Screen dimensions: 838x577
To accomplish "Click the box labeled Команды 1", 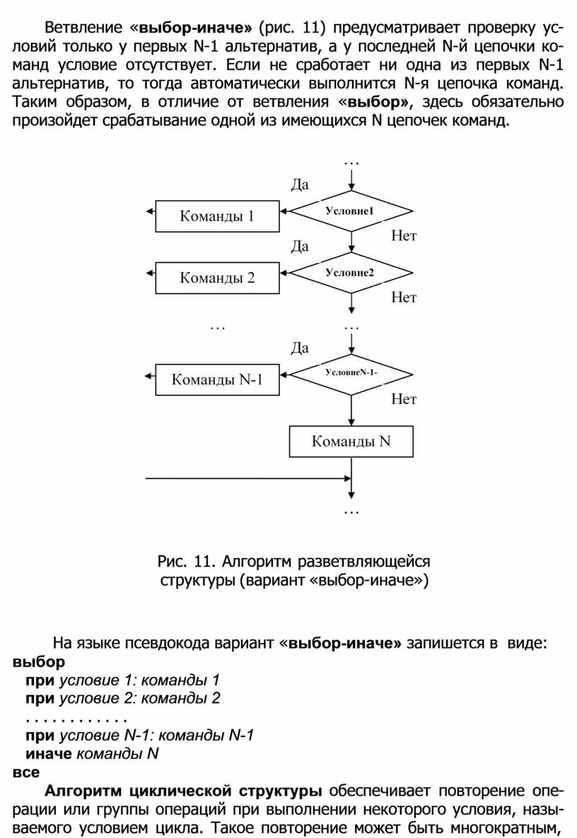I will pos(216,216).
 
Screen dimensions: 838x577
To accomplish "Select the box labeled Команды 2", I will pos(216,278).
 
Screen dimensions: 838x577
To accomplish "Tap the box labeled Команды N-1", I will pos(216,379).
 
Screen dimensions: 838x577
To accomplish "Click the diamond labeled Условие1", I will pos(351,211).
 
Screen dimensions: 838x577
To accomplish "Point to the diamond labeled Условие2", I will pos(351,273).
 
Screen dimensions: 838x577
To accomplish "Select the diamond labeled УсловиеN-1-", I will pos(351,373).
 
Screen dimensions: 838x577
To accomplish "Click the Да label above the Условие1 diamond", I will pos(300,185).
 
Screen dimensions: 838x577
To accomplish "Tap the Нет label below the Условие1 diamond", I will pos(404,237).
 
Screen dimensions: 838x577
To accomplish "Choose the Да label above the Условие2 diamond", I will pos(300,247).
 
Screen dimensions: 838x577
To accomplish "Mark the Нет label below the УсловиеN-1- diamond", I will pos(404,400).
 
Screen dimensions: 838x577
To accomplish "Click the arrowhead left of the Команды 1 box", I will pos(148,211).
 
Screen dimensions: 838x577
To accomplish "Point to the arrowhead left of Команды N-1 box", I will pos(148,374).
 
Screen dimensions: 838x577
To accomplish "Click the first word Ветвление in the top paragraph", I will pos(81,29).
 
